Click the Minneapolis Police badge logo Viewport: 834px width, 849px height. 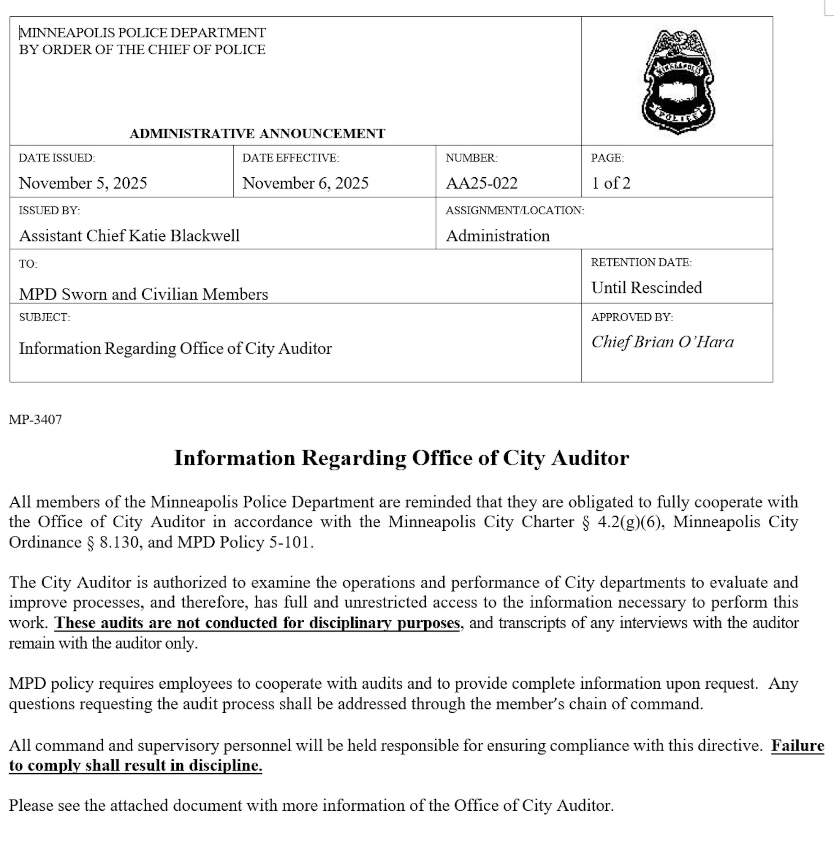pos(678,82)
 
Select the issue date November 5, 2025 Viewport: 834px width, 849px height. pos(83,183)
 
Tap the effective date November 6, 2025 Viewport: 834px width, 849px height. pos(305,183)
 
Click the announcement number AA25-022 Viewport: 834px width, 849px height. pos(481,183)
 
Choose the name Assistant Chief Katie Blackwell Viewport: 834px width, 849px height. pos(129,236)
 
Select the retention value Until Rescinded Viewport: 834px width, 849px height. pos(646,287)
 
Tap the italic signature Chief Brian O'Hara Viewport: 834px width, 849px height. pos(662,342)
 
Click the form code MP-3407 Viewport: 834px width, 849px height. pos(36,420)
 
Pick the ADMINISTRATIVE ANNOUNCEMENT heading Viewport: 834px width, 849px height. pos(257,134)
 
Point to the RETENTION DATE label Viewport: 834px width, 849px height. pos(641,262)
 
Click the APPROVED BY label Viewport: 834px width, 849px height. pos(632,317)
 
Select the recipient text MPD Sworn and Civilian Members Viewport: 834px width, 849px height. pos(143,294)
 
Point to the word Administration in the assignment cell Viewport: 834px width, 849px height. pos(498,236)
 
